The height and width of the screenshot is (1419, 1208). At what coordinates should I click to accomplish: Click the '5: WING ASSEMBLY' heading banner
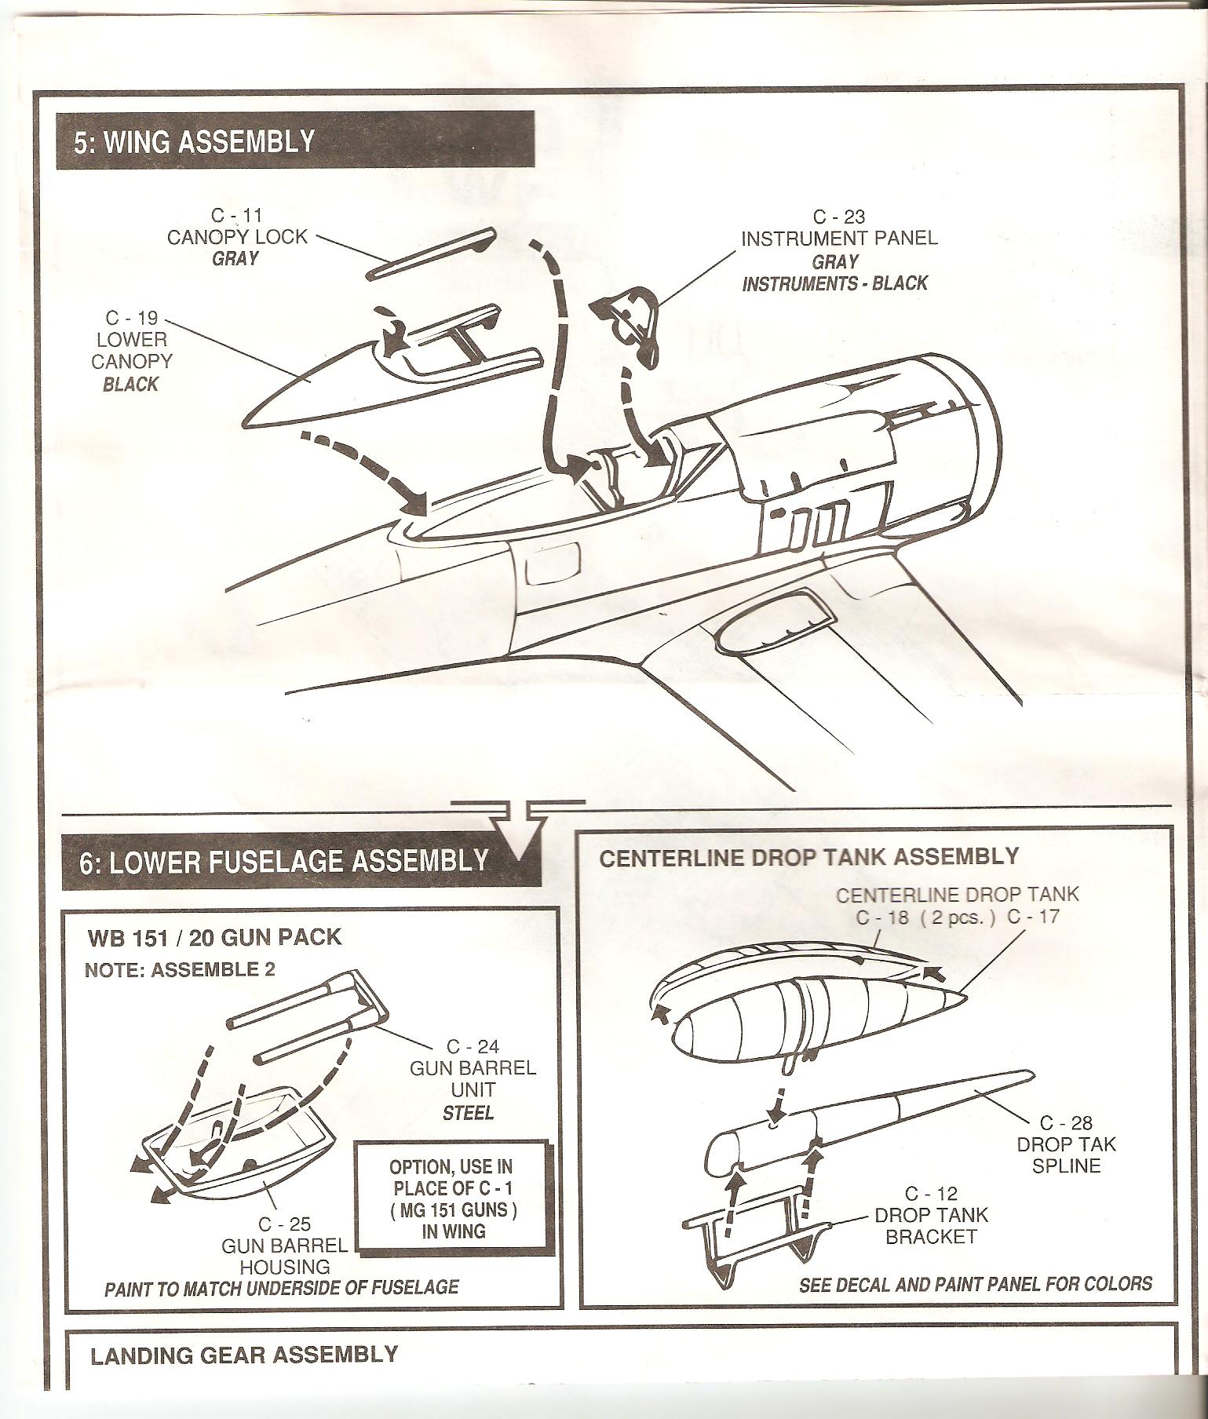pyautogui.click(x=294, y=142)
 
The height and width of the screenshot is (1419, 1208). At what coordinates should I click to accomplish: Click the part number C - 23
pyautogui.click(x=838, y=217)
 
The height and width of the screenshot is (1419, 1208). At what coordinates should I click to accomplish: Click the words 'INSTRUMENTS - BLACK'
pyautogui.click(x=835, y=283)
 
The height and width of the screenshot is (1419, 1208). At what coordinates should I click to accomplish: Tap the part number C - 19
pyautogui.click(x=131, y=318)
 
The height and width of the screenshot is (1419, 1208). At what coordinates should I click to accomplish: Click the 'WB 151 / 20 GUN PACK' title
pyautogui.click(x=216, y=937)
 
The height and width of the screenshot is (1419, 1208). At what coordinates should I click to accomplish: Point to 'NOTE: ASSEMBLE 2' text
pyautogui.click(x=180, y=969)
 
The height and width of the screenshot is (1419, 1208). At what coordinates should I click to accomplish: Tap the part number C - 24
pyautogui.click(x=473, y=1047)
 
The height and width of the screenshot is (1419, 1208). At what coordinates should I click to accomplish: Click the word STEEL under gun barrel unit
pyautogui.click(x=469, y=1112)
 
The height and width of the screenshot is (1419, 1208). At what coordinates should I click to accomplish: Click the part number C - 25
pyautogui.click(x=284, y=1224)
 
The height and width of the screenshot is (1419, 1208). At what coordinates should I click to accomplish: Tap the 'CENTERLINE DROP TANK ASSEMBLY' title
pyautogui.click(x=809, y=856)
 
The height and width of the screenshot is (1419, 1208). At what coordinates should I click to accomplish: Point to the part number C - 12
pyautogui.click(x=931, y=1193)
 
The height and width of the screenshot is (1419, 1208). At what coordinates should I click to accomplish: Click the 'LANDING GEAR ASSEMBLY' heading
pyautogui.click(x=244, y=1355)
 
